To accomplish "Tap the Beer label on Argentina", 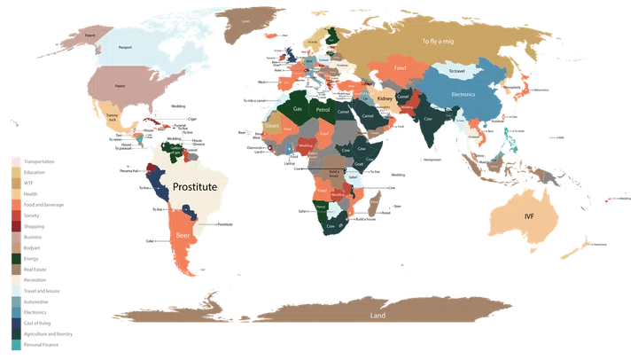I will (x=183, y=238).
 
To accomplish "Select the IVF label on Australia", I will (x=529, y=216).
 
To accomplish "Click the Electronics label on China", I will (x=464, y=94).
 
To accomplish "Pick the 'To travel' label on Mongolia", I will (x=458, y=71).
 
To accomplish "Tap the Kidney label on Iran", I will (x=385, y=98).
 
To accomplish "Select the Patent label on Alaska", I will (x=66, y=36).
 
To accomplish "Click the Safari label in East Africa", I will (x=354, y=176).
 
